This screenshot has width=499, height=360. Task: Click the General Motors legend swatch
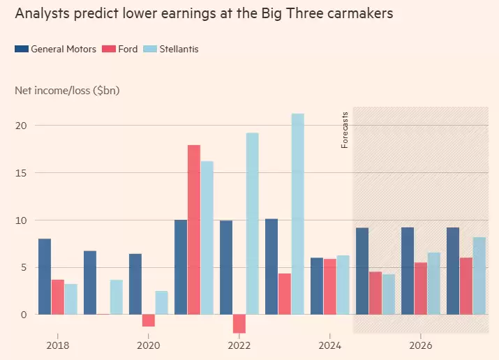pyautogui.click(x=21, y=49)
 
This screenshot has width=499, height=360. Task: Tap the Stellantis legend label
pyautogui.click(x=179, y=49)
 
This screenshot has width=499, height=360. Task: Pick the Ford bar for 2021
pyautogui.click(x=194, y=230)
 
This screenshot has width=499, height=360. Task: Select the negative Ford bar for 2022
pyautogui.click(x=239, y=324)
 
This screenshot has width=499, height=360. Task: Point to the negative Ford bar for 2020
pyautogui.click(x=148, y=320)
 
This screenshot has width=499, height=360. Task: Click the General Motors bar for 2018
pyautogui.click(x=45, y=276)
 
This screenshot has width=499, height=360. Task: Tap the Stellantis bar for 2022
pyautogui.click(x=253, y=223)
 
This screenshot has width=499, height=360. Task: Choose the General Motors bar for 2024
pyautogui.click(x=317, y=286)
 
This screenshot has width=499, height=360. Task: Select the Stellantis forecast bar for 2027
pyautogui.click(x=479, y=276)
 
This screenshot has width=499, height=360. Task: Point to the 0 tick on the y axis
pyautogui.click(x=24, y=315)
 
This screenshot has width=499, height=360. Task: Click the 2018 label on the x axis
pyautogui.click(x=57, y=345)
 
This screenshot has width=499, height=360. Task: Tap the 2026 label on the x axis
pyautogui.click(x=420, y=345)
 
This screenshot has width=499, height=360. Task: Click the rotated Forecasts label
pyautogui.click(x=345, y=130)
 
